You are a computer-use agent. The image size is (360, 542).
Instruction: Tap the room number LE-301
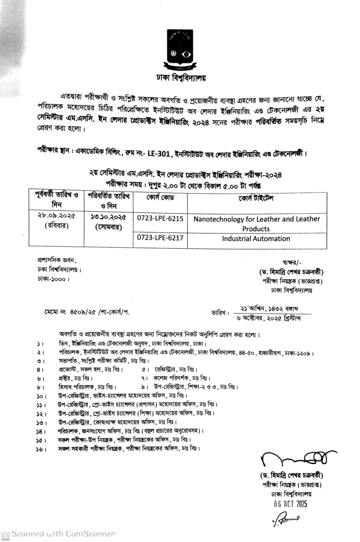pyautogui.click(x=158, y=154)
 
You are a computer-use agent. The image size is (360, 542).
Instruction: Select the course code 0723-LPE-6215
pyautogui.click(x=160, y=218)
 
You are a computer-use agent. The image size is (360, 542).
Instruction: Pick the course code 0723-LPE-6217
pyautogui.click(x=160, y=238)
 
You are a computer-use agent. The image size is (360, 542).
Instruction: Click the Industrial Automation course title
pyautogui.click(x=256, y=238)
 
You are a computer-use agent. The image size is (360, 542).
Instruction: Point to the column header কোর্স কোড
pyautogui.click(x=160, y=197)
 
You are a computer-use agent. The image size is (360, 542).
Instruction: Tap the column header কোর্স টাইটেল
pyautogui.click(x=256, y=198)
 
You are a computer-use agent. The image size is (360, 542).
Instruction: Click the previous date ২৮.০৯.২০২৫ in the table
pyautogui.click(x=56, y=216)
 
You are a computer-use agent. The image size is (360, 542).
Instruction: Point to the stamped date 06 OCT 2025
pyautogui.click(x=290, y=504)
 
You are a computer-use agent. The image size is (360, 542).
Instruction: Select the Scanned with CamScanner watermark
pyautogui.click(x=59, y=534)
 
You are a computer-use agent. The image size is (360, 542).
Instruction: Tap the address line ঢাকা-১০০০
pyautogui.click(x=54, y=279)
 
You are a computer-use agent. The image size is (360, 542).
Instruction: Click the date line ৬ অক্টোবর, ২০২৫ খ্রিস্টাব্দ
pyautogui.click(x=269, y=318)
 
